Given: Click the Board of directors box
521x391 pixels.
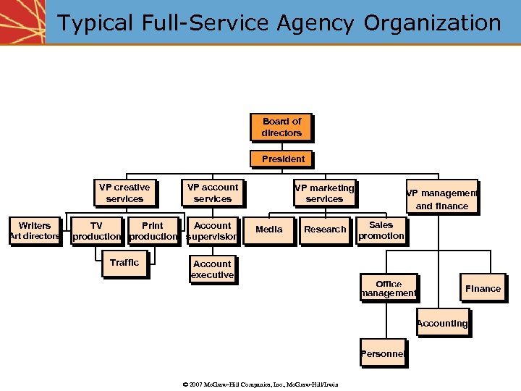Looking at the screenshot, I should pos(281,127).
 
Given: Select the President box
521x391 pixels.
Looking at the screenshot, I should pos(283,159).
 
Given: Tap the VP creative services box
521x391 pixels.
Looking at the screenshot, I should pos(124,193).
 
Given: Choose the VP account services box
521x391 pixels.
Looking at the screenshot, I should pos(213,193).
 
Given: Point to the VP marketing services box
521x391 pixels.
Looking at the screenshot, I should pos(324,193).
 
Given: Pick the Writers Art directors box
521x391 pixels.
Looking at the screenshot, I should pos(34,231).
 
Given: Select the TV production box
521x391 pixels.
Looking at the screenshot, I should pos(96,231).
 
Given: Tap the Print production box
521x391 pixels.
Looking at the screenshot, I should pos(153,231).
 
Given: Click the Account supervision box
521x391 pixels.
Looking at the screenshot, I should pos(212,231).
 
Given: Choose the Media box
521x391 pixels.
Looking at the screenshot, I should pos(269,230).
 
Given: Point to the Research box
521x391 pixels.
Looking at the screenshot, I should pos(325,230).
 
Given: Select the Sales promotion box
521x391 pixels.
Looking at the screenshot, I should pos(381,231).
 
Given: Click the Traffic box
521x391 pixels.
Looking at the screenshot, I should pos(124,263).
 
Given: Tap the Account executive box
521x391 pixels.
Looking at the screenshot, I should pos(212,269).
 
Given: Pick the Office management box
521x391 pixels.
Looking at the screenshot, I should pos(389,288).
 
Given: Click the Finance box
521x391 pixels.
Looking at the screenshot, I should pos(483,288).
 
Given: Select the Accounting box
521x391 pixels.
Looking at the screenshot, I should pos(442,323).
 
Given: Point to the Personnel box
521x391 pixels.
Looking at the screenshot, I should pos(382,354).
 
